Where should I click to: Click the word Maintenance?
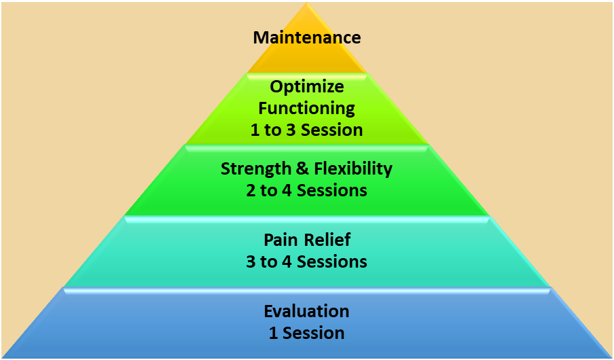[306, 37]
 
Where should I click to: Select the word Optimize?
[306, 88]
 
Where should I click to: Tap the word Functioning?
[306, 109]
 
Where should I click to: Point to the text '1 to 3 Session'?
[306, 130]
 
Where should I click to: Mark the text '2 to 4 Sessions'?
[306, 191]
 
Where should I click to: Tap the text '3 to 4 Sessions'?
[306, 262]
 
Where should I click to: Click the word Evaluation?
[306, 311]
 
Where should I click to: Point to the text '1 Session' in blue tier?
[306, 333]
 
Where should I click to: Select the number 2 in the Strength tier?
[251, 191]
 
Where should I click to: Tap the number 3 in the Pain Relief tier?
[251, 262]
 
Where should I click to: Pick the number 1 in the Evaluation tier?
[273, 333]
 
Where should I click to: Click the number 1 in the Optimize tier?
[255, 130]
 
